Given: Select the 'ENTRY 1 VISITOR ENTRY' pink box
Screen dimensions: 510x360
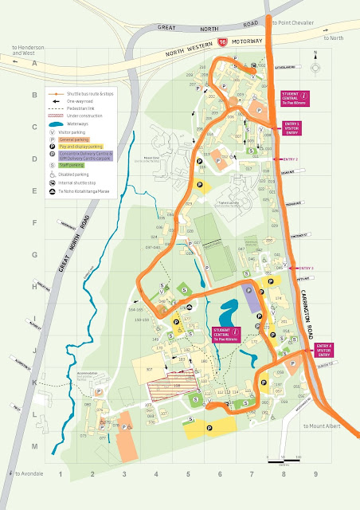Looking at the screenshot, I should (292, 127).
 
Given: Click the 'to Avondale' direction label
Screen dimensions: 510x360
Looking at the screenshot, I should (30, 473).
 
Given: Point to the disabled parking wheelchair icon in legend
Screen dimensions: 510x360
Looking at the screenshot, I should (53, 174).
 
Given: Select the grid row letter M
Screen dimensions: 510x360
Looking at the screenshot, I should (11, 447).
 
